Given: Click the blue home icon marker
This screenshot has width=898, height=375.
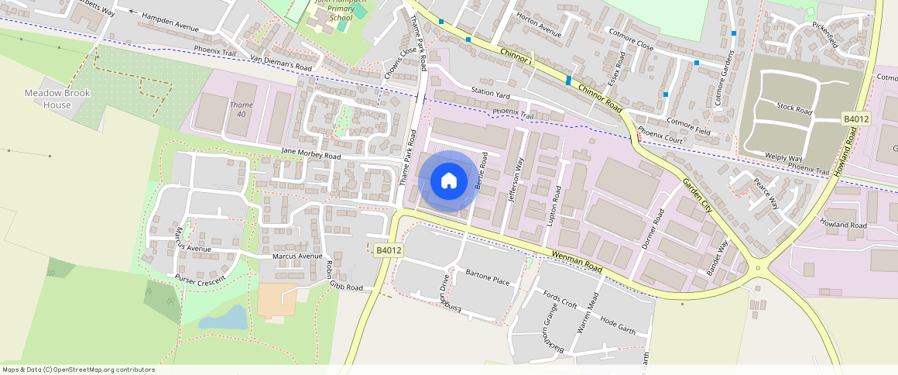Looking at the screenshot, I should pyautogui.click(x=447, y=181).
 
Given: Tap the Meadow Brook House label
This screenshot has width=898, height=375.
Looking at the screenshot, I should pyautogui.click(x=57, y=98).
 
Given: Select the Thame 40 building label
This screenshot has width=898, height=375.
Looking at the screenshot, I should pyautogui.click(x=241, y=109).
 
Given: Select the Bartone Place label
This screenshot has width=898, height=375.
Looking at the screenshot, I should pyautogui.click(x=488, y=277).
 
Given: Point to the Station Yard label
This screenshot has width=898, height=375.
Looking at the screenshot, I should pyautogui.click(x=492, y=93).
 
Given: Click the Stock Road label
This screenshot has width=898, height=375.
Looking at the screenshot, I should pyautogui.click(x=793, y=107).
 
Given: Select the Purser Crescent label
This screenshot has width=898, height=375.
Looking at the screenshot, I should pyautogui.click(x=201, y=280).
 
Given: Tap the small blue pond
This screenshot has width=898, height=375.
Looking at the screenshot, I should pyautogui.click(x=223, y=317).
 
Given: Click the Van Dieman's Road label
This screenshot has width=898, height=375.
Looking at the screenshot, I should pyautogui.click(x=281, y=64).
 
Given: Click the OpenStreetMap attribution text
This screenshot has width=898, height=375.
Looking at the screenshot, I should pyautogui.click(x=78, y=370).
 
